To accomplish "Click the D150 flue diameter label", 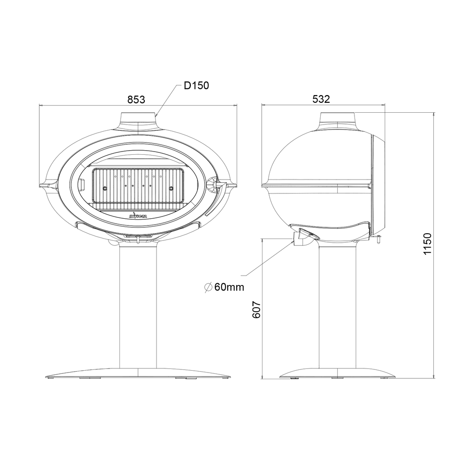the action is point(197,85).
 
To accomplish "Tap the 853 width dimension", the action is point(136,100).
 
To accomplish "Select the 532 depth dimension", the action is point(321,99).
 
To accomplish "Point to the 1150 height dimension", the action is point(428,244).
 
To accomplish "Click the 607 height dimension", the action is point(256,310).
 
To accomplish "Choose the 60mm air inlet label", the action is point(229,287).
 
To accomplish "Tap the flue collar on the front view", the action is point(138,121).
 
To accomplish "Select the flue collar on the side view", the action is point(338,121).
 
